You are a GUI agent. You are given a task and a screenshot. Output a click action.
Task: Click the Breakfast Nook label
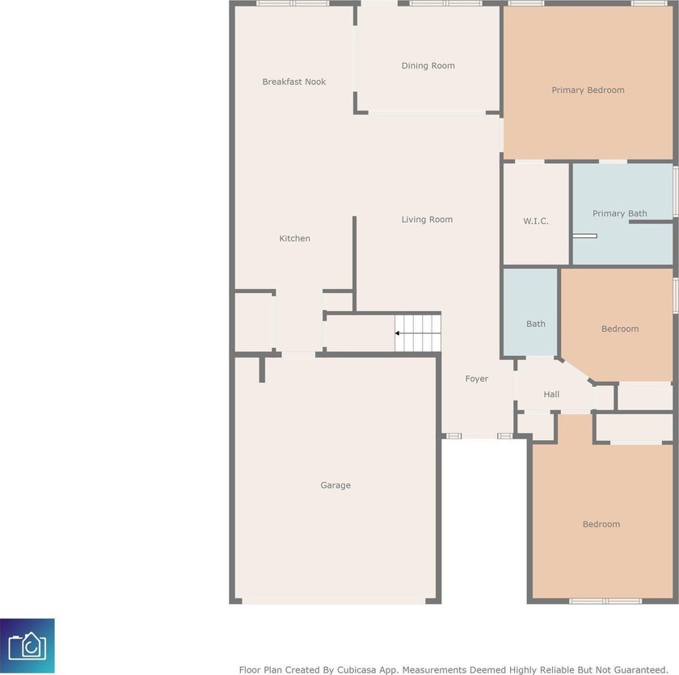[294, 82]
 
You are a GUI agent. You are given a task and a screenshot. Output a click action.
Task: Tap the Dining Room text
[428, 65]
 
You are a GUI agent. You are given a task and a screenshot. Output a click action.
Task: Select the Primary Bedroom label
[588, 90]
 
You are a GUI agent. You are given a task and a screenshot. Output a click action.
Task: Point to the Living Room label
[427, 220]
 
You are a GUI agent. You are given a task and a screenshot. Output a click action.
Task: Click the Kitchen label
[294, 238]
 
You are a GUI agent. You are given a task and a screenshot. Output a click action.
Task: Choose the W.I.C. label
[536, 221]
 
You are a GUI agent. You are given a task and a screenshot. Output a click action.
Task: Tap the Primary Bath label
[620, 213]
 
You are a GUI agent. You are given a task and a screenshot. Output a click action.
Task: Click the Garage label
[335, 485]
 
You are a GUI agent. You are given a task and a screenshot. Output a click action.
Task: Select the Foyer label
[477, 379]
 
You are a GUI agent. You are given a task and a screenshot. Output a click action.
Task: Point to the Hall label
[551, 394]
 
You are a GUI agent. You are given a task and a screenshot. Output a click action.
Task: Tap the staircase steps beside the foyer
[417, 333]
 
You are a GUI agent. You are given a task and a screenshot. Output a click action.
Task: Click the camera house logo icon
[27, 646]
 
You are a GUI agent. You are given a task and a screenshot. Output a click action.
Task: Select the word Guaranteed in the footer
[640, 670]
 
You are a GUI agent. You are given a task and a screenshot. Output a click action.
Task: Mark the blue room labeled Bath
[530, 312]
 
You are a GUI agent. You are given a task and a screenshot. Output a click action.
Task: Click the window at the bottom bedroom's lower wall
[605, 601]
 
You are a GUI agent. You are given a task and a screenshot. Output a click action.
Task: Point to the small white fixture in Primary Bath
[584, 236]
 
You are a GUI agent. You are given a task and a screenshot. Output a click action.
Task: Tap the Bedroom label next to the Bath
[620, 329]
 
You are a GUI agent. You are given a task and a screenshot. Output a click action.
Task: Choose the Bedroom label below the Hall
[601, 525]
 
